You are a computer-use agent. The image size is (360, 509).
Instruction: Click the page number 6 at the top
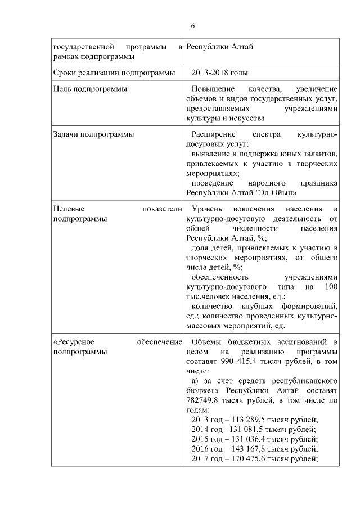click(x=193, y=26)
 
